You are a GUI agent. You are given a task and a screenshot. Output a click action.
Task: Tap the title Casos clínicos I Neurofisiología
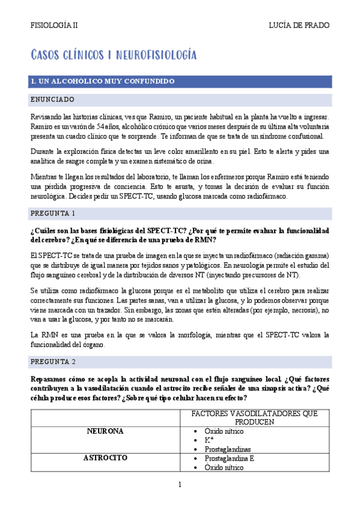point(114,55)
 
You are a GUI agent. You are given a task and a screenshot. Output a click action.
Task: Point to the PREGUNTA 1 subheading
point(53,214)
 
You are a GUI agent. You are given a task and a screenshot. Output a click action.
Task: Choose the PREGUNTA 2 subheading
point(53,362)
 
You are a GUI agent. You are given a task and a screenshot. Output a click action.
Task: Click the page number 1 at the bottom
point(180,485)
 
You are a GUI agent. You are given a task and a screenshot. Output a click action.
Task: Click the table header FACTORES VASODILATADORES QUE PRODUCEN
point(254,417)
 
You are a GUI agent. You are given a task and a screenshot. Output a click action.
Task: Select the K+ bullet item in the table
point(210,440)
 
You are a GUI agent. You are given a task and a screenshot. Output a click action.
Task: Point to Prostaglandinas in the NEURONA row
point(227,449)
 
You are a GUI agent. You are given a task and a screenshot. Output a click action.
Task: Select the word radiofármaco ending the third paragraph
point(267,196)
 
